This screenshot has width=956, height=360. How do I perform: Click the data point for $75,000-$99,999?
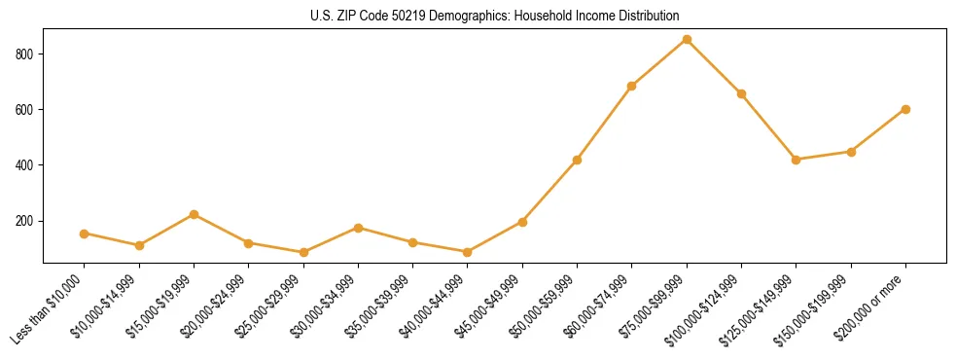(x=687, y=40)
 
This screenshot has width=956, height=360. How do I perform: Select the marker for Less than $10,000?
(x=85, y=234)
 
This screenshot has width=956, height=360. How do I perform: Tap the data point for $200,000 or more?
(x=905, y=109)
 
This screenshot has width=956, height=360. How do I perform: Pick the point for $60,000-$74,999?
(x=632, y=86)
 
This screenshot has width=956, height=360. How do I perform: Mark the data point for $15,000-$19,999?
(x=195, y=214)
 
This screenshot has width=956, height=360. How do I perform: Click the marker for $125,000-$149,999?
(x=796, y=160)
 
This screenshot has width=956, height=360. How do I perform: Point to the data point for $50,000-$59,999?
(x=578, y=160)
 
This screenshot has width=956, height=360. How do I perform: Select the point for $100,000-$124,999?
(x=741, y=93)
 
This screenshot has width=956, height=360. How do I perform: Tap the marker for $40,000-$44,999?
(x=468, y=252)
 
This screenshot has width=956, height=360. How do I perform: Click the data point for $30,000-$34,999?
(x=358, y=228)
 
